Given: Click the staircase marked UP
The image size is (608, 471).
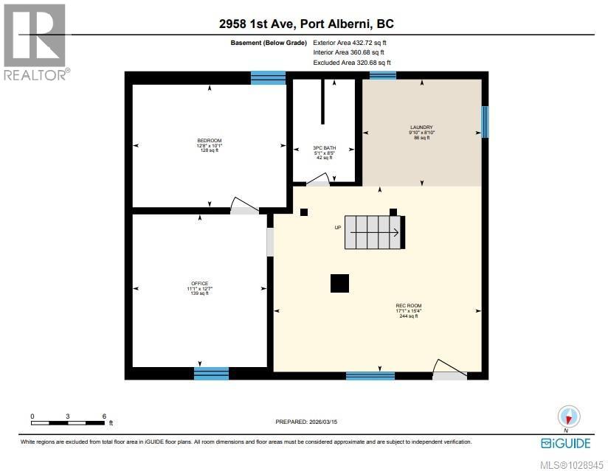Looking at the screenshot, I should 374,233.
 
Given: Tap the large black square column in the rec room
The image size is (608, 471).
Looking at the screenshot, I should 339,284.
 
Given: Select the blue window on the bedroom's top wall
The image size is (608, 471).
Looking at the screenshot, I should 268,77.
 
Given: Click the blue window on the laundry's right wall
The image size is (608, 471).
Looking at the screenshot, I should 485,122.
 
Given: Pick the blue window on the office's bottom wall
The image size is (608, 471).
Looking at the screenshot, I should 211,373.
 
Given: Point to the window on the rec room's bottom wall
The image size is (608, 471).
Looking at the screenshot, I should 370,375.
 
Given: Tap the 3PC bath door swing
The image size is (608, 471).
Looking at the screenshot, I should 319,179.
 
